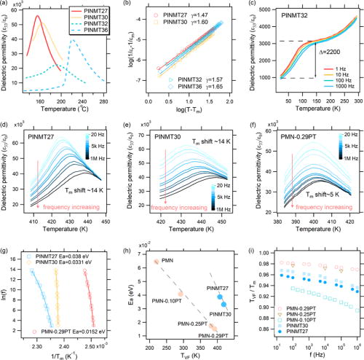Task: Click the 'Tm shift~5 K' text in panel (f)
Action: [325, 194]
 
